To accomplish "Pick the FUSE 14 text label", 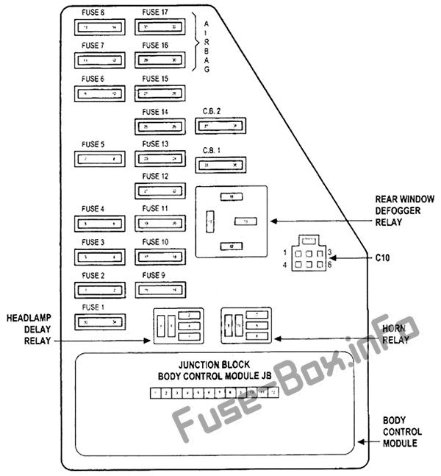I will point(155,112).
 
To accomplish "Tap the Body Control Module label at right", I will point(401,432).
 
